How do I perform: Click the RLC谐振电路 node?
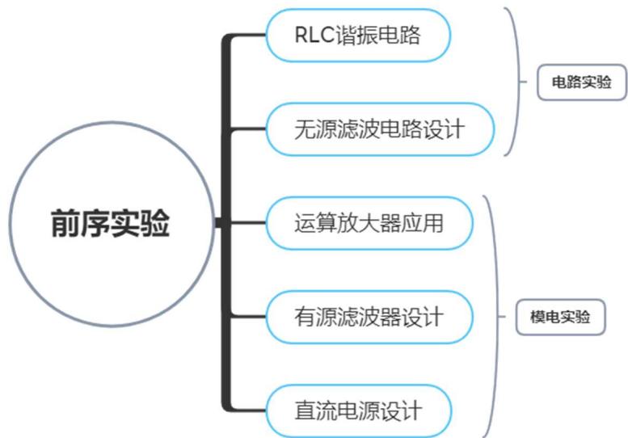click(x=357, y=35)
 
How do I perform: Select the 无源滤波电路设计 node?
click(x=369, y=128)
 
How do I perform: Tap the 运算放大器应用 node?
click(x=369, y=222)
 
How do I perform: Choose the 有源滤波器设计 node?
click(x=369, y=316)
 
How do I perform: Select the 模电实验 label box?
click(x=560, y=318)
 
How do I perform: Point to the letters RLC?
click(x=310, y=35)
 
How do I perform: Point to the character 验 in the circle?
click(x=154, y=223)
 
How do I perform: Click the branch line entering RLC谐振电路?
click(x=247, y=36)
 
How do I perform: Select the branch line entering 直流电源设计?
click(x=247, y=410)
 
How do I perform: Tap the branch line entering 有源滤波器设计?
click(x=247, y=316)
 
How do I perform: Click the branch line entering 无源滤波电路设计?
click(x=247, y=128)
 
